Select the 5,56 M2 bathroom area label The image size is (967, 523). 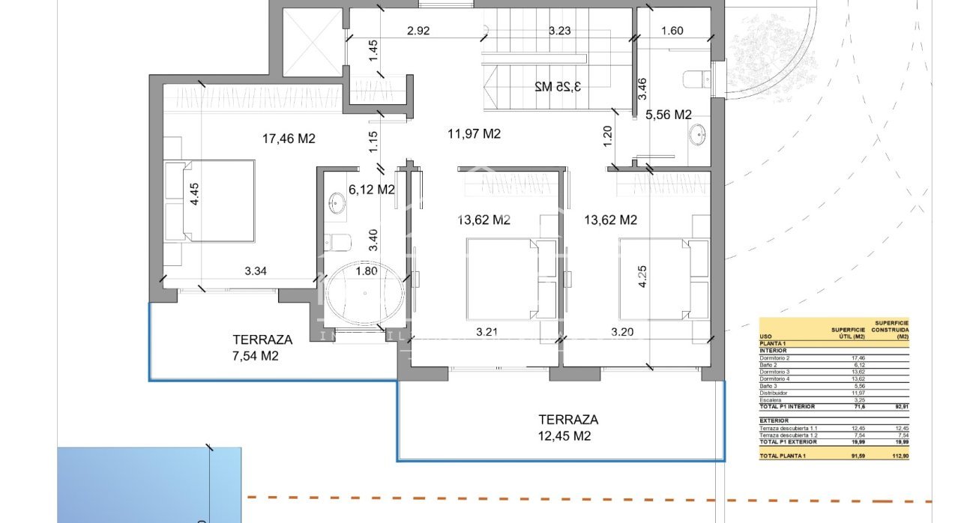668,115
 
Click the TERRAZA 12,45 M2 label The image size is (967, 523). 567,428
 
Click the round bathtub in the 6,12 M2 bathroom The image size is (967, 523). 364,294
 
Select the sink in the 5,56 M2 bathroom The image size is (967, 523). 698,136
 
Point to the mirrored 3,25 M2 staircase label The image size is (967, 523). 558,86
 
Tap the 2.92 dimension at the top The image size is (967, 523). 418,31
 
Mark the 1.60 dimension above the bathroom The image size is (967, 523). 672,31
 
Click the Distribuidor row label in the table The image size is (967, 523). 775,393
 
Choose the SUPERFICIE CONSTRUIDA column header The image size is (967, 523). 891,330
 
